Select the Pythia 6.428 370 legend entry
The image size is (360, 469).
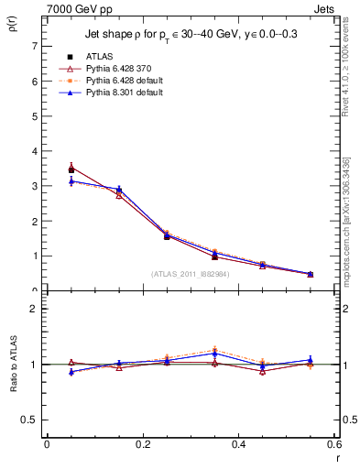click(x=113, y=69)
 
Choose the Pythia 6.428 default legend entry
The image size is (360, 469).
click(x=116, y=82)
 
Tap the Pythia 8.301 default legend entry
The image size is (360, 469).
click(x=116, y=93)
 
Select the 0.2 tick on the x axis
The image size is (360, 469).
click(x=142, y=445)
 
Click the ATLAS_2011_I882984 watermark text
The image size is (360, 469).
click(x=190, y=273)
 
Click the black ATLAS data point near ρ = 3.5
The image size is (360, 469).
click(x=71, y=169)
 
